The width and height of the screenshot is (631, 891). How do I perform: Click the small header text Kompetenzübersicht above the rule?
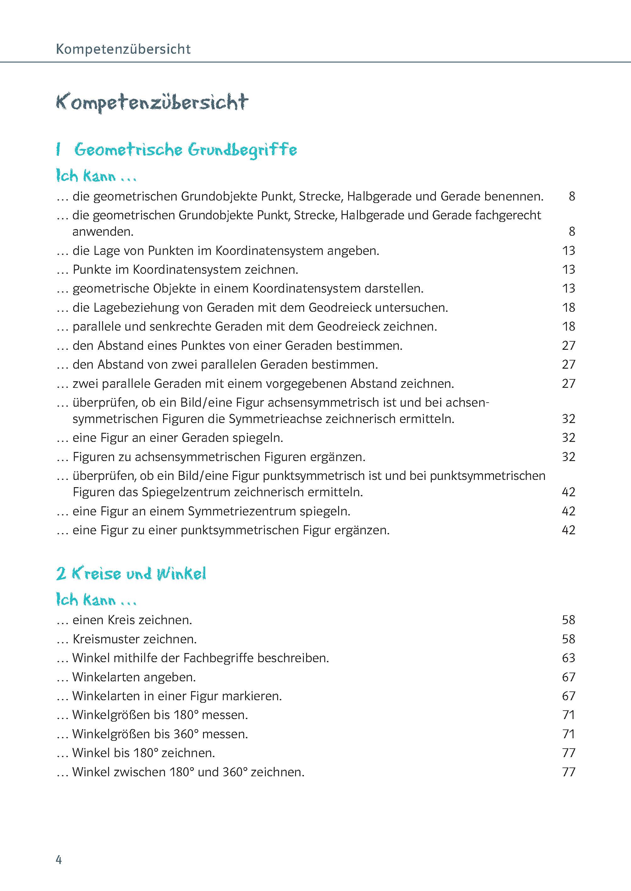[x=123, y=49]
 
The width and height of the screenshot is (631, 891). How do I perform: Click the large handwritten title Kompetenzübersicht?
[x=152, y=102]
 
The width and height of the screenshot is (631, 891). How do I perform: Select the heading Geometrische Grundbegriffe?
[x=185, y=150]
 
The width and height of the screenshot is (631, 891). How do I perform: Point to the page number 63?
[x=568, y=658]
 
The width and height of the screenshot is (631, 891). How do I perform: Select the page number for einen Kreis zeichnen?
[x=568, y=620]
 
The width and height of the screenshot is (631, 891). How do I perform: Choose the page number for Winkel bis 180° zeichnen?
[x=568, y=753]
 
